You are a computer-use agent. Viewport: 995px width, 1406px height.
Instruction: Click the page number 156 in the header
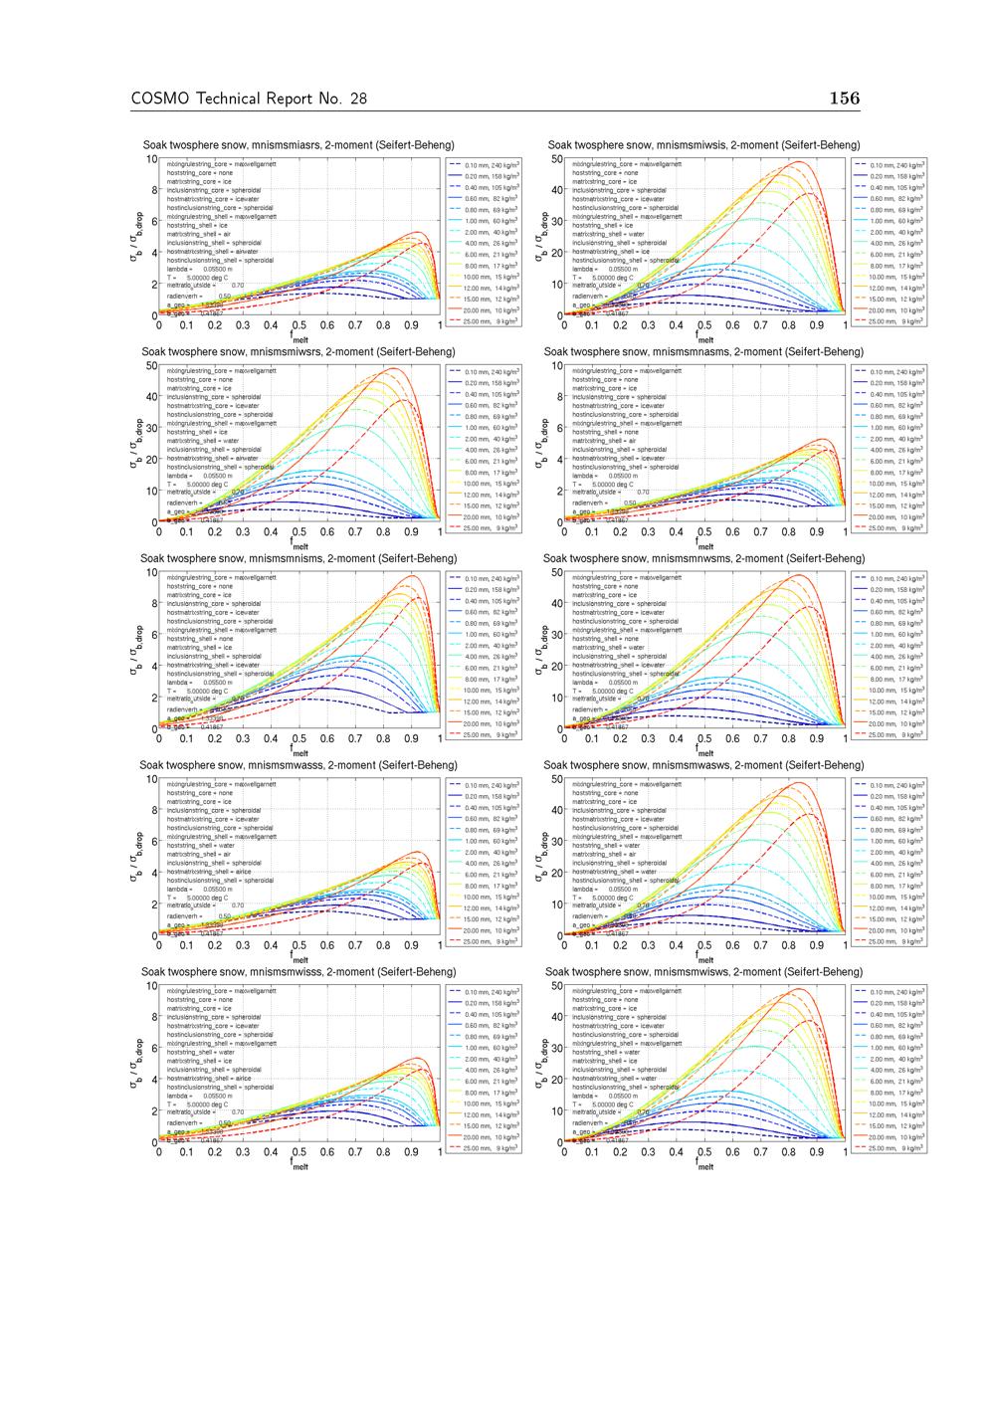(844, 98)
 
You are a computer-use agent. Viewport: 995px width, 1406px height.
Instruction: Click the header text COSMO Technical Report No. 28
(248, 99)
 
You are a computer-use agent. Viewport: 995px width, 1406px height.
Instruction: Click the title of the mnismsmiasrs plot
(298, 145)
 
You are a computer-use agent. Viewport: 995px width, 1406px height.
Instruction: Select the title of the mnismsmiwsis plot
(703, 145)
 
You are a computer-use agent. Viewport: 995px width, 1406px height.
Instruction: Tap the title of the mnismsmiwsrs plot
(298, 352)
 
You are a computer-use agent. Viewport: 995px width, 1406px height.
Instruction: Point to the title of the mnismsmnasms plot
(703, 352)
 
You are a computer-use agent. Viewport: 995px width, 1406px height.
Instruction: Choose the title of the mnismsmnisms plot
(298, 559)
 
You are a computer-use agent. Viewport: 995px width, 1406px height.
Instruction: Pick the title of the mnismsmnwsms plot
(703, 559)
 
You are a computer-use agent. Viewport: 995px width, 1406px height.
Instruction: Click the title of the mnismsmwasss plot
(298, 765)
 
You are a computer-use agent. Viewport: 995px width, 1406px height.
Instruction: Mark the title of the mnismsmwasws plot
(703, 765)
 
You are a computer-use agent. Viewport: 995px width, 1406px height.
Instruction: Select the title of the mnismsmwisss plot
(298, 972)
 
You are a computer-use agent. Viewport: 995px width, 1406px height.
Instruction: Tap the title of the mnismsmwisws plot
(703, 972)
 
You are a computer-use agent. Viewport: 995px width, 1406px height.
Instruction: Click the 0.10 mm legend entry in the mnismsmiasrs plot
(496, 165)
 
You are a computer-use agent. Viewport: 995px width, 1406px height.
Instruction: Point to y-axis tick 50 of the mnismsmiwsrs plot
(151, 366)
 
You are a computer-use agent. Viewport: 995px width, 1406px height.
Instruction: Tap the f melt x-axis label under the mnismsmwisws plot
(704, 1165)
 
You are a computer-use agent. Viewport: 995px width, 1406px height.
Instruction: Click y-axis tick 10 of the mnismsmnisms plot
(151, 573)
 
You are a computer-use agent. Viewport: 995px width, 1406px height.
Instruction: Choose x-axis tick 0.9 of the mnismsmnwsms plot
(817, 739)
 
